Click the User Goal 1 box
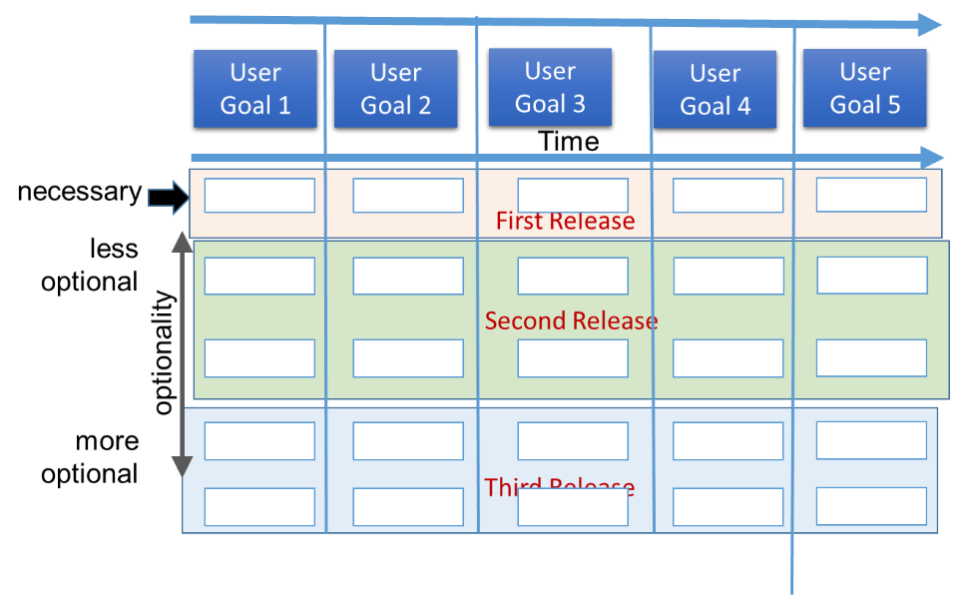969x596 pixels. click(255, 89)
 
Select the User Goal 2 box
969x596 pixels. click(395, 89)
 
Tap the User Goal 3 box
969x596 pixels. click(550, 88)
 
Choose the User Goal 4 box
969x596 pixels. click(715, 90)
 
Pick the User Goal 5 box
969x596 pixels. click(864, 88)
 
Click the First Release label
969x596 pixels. click(565, 222)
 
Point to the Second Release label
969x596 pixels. click(571, 321)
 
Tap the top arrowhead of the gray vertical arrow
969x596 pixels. click(182, 241)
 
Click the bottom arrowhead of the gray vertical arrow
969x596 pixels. click(182, 466)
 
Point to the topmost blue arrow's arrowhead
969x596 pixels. click(930, 24)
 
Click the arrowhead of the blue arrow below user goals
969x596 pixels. click(932, 158)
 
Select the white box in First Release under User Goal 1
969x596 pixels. click(259, 196)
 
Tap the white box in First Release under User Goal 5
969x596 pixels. click(871, 195)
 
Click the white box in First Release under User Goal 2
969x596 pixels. click(408, 196)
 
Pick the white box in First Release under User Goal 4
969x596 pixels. click(727, 196)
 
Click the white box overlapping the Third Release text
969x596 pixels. click(572, 507)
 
